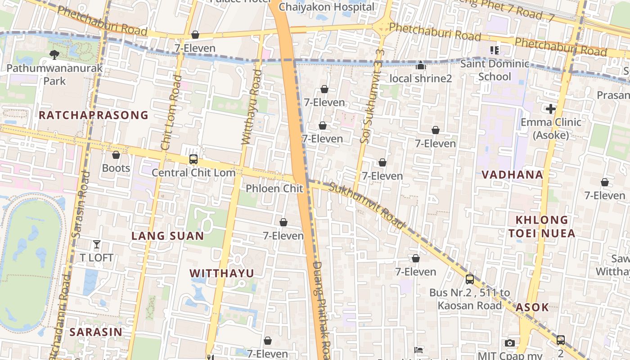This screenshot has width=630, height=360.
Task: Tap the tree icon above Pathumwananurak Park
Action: coord(54,55)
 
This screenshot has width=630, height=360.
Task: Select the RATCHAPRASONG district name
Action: coord(93,115)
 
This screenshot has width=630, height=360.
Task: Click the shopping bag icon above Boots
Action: coord(116,155)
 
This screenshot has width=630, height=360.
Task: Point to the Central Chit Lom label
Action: coord(193,173)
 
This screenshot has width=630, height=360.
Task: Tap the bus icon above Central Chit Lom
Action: coord(193,159)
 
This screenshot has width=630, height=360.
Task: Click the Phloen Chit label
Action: coord(274,189)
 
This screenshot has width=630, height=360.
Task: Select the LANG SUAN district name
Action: coord(167,236)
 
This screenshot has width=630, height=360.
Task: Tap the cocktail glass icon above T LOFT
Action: coord(97,244)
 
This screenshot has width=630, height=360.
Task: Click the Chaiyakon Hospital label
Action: coord(326,7)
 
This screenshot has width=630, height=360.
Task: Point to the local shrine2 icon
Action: coord(421,66)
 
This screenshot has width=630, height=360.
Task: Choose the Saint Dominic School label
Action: coord(495,70)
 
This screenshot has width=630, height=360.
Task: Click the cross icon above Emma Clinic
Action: coord(550,108)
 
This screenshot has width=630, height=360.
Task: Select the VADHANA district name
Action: coord(513,175)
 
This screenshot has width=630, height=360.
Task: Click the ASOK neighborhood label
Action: coord(532,307)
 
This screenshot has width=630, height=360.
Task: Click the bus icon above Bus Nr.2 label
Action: coord(469,279)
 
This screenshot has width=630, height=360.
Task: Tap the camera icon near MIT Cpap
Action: coord(509,343)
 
